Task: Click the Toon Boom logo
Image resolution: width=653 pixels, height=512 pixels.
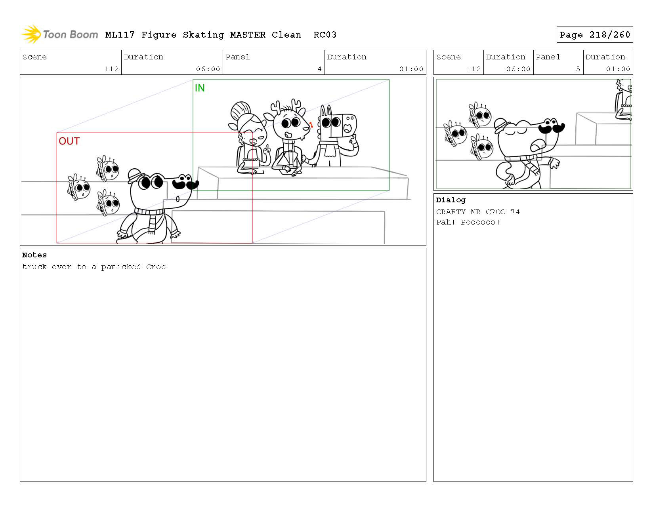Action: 60,34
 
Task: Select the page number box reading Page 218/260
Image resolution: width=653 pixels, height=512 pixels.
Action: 594,35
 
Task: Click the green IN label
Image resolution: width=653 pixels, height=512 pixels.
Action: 200,88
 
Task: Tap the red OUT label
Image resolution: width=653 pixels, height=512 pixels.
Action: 69,141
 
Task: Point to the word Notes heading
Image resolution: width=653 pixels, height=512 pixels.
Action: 34,255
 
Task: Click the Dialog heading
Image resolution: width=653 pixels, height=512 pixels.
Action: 451,200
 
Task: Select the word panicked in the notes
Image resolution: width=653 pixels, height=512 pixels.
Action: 121,267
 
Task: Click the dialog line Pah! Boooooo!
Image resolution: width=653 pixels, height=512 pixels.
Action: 468,222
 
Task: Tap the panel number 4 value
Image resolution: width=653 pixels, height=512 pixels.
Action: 319,69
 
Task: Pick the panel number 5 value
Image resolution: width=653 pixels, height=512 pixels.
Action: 578,69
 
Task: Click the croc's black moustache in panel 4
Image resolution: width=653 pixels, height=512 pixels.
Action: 185,182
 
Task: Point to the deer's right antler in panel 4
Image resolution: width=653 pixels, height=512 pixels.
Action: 296,105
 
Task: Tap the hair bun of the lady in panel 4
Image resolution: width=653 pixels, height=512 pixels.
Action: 241,111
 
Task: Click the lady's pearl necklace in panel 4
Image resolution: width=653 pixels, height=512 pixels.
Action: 251,160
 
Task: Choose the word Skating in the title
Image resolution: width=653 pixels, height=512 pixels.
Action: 203,35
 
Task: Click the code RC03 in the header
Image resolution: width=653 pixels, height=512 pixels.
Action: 325,35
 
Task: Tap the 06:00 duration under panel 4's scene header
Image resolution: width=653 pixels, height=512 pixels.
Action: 208,69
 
